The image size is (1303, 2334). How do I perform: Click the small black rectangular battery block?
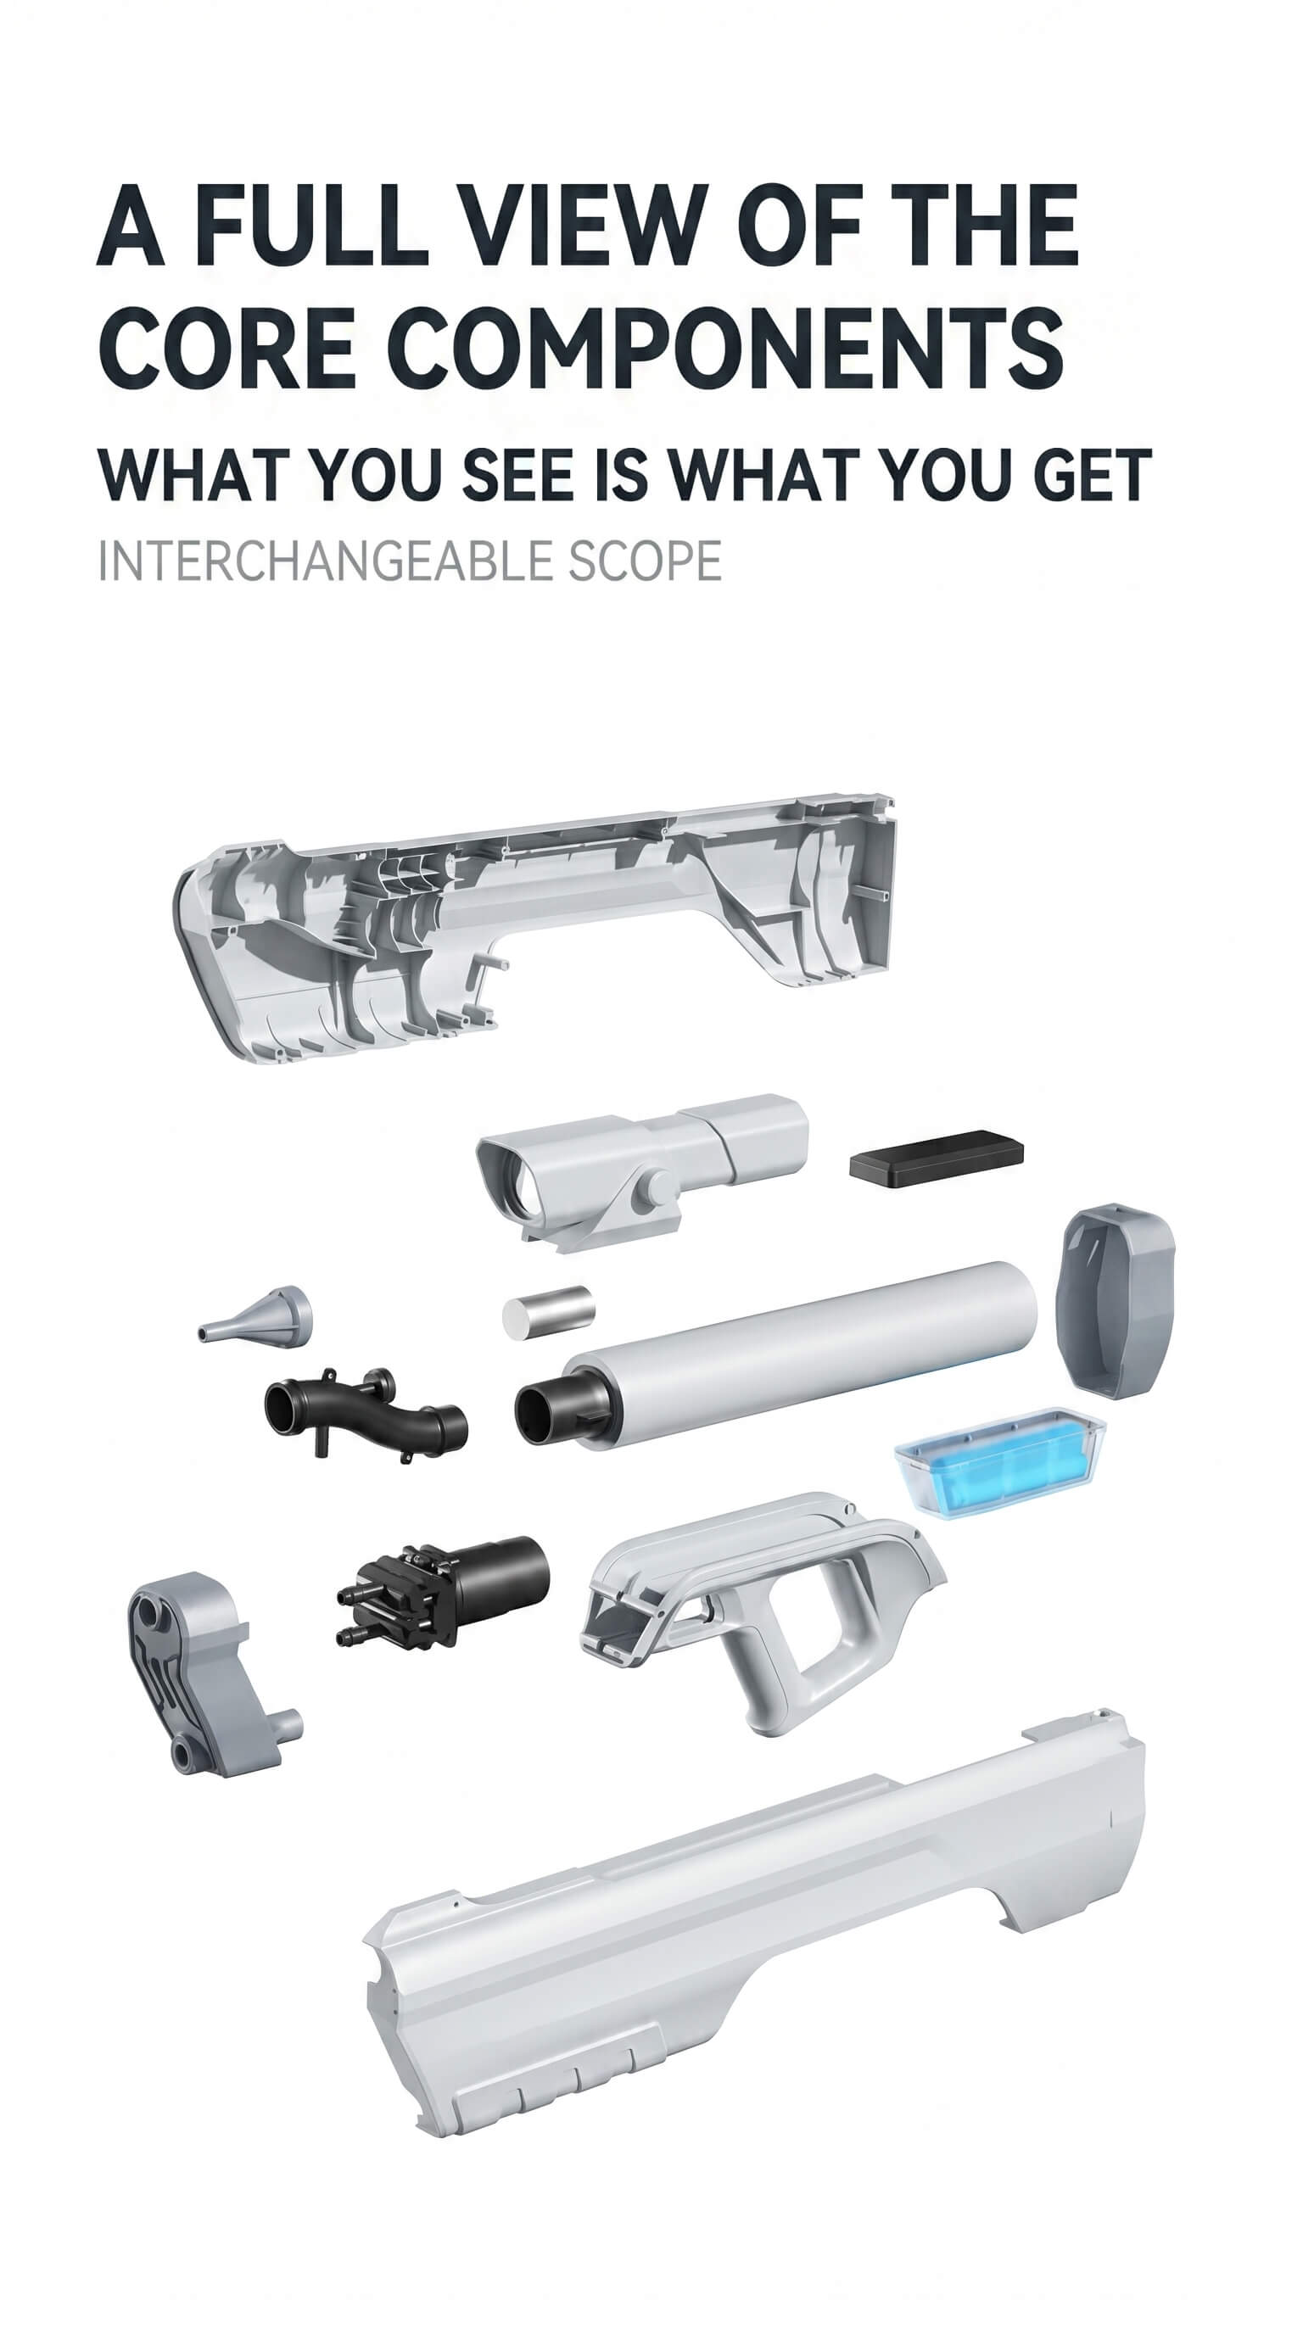[936, 1157]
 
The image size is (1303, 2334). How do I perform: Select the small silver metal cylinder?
[548, 1311]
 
